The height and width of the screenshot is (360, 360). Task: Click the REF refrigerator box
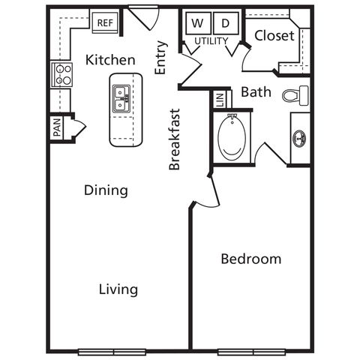105,22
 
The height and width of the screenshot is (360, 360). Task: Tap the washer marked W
198,23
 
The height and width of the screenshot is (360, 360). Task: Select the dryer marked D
226,23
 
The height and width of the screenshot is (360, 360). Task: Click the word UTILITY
211,41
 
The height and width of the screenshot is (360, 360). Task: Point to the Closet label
274,35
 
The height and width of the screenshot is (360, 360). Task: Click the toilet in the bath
295,95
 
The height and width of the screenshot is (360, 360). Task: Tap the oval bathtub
232,138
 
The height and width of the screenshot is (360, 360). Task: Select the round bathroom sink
299,138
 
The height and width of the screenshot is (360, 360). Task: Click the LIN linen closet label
220,100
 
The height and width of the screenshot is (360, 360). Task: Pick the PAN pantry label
57,127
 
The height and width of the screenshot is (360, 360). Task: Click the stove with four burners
61,74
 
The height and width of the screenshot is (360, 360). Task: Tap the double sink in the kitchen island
121,99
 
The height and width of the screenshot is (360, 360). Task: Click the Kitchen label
110,60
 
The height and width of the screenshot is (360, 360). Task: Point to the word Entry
160,58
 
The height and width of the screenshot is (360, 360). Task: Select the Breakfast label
174,139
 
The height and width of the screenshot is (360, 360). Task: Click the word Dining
106,190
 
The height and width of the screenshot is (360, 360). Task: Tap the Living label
118,289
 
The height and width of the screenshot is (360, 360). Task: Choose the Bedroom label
251,259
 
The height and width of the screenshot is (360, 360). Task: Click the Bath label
256,92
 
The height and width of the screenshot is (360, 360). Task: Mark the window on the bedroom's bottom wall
251,352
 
